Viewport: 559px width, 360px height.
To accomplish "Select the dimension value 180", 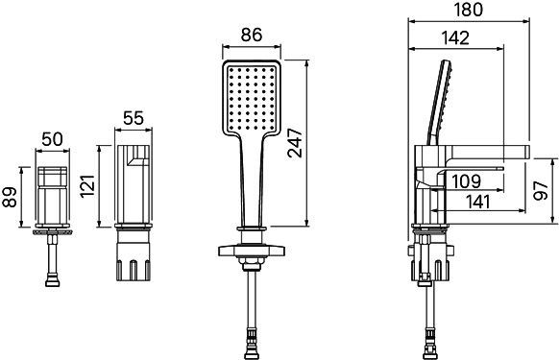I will coord(470,10).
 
